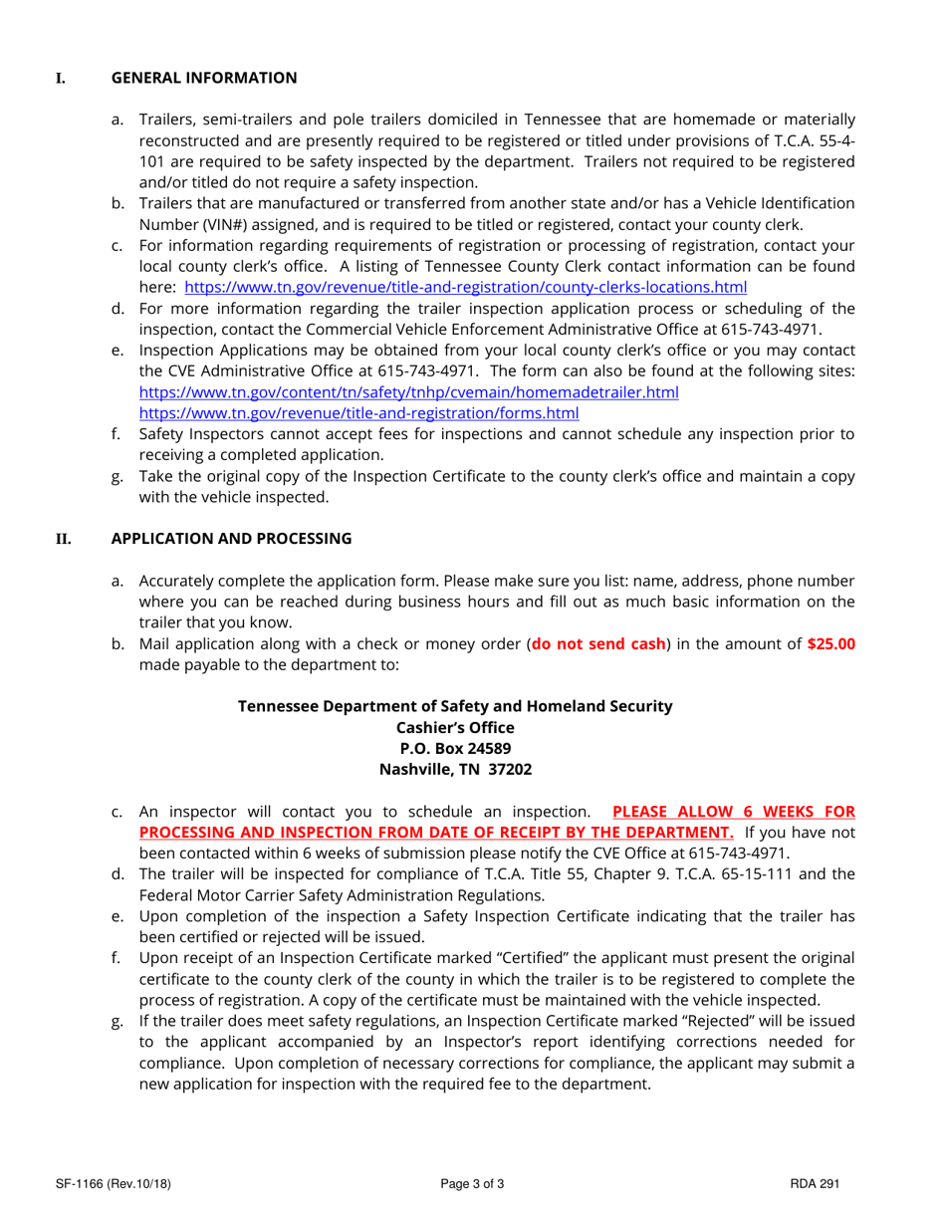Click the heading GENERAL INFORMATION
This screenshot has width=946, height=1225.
(x=203, y=78)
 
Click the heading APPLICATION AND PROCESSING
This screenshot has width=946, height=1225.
(x=231, y=539)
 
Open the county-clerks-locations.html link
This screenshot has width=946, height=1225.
(x=465, y=287)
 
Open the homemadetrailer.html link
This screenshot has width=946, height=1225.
(x=408, y=392)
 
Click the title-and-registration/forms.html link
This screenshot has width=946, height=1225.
(x=358, y=412)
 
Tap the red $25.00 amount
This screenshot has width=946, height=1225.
(x=830, y=643)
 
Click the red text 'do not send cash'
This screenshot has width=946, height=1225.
(x=598, y=643)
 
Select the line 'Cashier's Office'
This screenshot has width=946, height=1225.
(x=455, y=727)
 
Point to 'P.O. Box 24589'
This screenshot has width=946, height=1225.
(x=455, y=748)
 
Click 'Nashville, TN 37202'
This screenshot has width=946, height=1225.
(x=455, y=769)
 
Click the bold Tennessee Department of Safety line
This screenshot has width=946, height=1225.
(x=455, y=706)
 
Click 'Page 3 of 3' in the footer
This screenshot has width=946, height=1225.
(x=472, y=1184)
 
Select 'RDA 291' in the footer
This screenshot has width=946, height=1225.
(x=815, y=1184)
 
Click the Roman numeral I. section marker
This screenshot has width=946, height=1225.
(x=60, y=78)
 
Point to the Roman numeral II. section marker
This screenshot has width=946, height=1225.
(x=63, y=539)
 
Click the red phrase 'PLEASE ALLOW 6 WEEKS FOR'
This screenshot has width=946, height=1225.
(x=733, y=811)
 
